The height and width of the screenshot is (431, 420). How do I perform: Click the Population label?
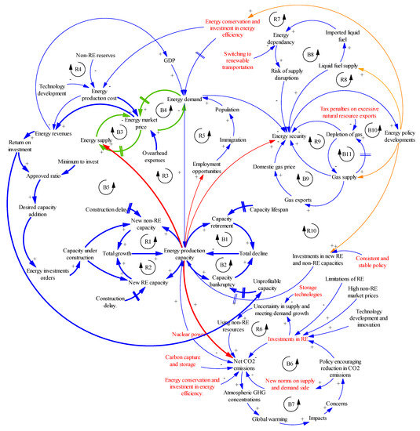click(x=227, y=110)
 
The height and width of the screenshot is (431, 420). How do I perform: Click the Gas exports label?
click(x=298, y=200)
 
